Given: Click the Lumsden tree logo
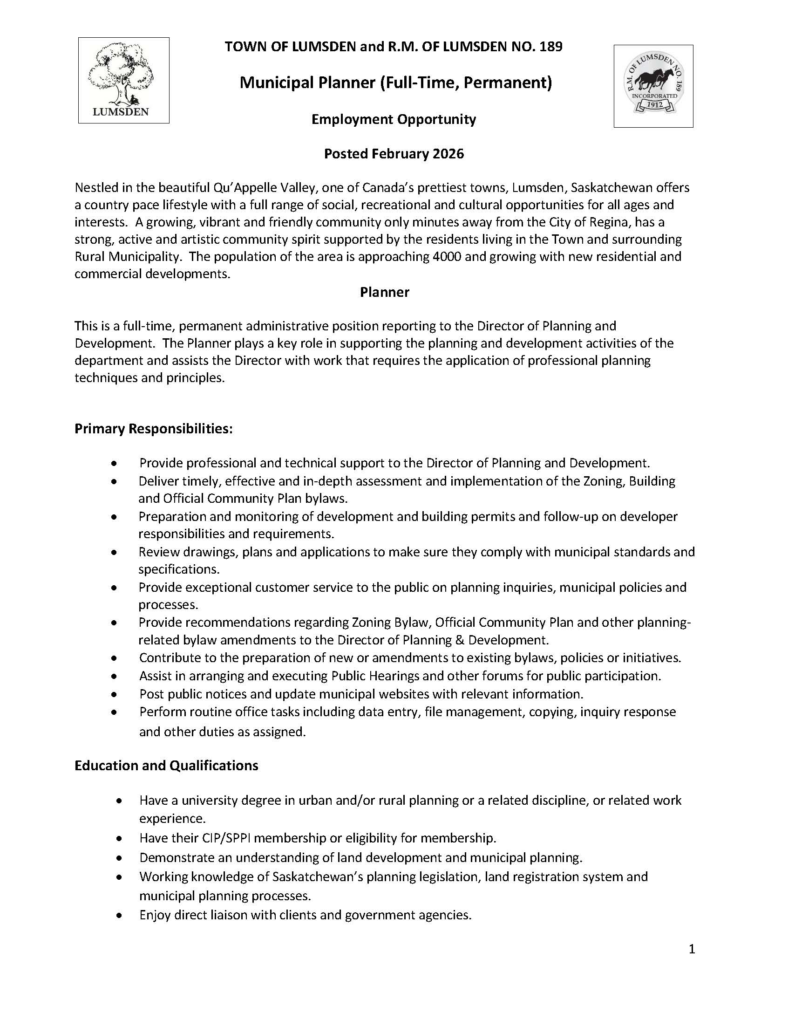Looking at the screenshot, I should (123, 80).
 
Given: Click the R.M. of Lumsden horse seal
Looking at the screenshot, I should (653, 86).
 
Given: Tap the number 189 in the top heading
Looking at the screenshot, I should (551, 47).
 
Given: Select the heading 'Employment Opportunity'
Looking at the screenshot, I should (394, 120).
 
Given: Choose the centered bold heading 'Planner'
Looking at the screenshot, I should (384, 292).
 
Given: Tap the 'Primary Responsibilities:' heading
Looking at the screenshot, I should (154, 429).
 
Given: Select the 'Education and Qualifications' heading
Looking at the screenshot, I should (166, 766).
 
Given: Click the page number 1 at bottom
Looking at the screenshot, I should (692, 950).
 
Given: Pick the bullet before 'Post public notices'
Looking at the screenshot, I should (114, 695).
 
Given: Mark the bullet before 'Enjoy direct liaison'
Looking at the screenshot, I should (121, 915).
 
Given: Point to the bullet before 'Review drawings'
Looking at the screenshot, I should (114, 553).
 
